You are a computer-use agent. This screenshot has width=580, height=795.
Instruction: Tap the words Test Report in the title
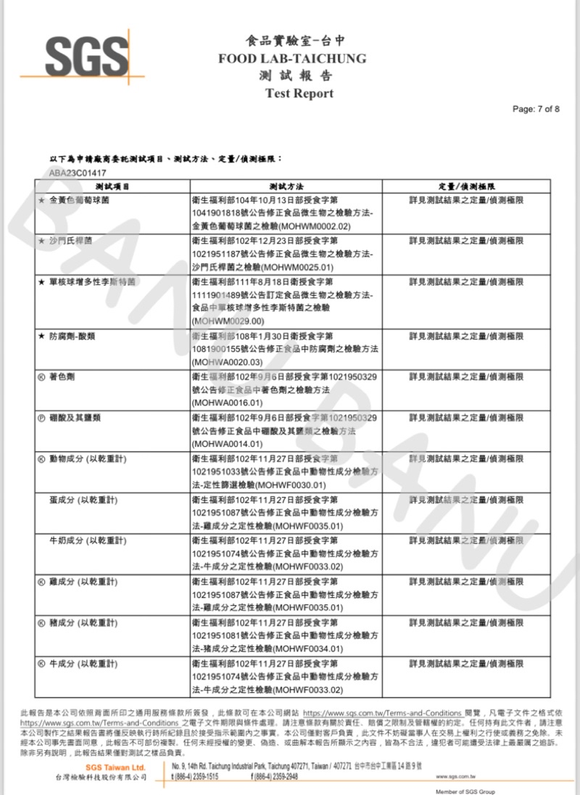pyautogui.click(x=299, y=93)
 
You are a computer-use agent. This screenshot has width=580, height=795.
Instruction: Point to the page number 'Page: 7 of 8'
pyautogui.click(x=536, y=109)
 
